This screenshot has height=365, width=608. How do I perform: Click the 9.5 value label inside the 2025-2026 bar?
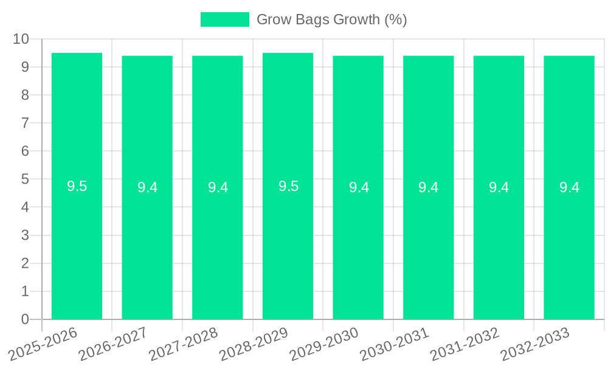pos(77,186)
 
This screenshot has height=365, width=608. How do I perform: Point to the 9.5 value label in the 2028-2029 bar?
pos(288,186)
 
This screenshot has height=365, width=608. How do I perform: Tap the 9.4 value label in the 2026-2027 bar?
pos(147,187)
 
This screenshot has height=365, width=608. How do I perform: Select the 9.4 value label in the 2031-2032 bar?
pos(499,187)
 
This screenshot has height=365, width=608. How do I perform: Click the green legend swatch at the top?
pos(224,19)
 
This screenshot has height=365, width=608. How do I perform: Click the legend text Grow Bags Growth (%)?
pos(331,19)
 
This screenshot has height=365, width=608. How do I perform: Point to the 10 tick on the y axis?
pos(21,39)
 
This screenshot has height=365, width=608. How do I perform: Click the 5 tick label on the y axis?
pos(25,179)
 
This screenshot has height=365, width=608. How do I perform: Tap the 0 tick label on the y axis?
pos(25,319)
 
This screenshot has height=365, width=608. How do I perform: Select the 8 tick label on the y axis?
pos(25,95)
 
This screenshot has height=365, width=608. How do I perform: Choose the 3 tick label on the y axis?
pos(25,235)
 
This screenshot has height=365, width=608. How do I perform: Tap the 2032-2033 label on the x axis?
pos(536,343)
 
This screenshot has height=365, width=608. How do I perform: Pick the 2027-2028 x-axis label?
pos(184,343)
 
